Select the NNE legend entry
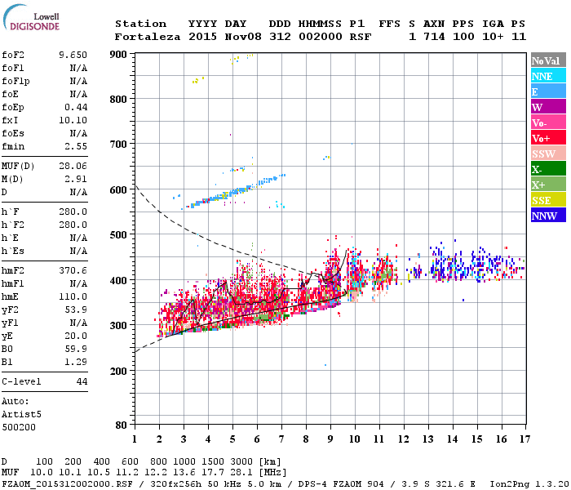[x=542, y=76]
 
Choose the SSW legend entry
[x=543, y=154]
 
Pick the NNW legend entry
[x=544, y=216]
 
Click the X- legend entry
[x=538, y=169]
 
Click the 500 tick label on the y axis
[x=118, y=235]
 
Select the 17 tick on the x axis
[x=524, y=439]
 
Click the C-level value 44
[x=82, y=381]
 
